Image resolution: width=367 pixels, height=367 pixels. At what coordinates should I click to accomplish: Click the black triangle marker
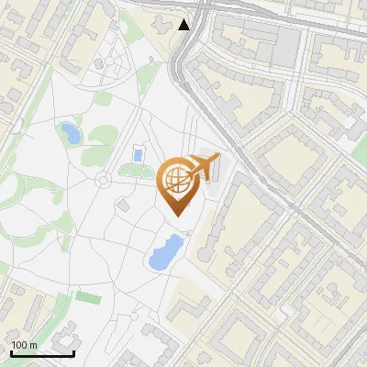pos(184,25)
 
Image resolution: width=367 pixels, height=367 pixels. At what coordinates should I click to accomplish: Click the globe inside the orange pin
pos(175,181)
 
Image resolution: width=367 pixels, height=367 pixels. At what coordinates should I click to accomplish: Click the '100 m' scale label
pos(24,345)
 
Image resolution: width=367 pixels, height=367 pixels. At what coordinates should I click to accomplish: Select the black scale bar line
pos(42,353)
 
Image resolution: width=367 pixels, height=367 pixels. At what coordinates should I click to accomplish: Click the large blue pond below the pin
pos(165,251)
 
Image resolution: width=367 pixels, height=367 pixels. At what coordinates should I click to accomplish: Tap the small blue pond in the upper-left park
pos(70,134)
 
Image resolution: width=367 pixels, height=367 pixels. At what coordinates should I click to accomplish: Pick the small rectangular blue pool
pos(138,153)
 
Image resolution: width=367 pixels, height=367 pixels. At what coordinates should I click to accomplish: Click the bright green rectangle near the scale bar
pos(87,297)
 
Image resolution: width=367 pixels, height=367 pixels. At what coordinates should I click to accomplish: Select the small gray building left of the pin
pos(123,203)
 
